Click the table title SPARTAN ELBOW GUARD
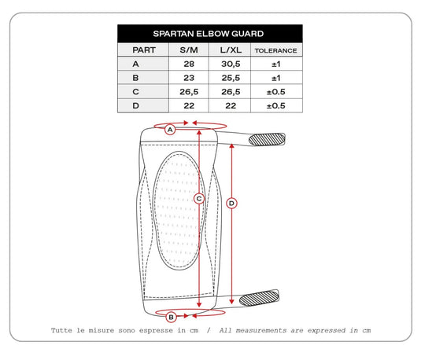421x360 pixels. (209, 34)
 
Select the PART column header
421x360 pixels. (144, 50)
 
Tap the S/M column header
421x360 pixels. (189, 50)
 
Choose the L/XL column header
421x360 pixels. (231, 50)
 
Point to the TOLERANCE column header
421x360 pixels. (275, 51)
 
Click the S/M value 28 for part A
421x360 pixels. (189, 64)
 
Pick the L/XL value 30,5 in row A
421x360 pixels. (231, 64)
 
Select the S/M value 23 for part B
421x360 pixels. (189, 78)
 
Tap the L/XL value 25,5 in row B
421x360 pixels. (231, 78)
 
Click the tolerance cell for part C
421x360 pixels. (275, 92)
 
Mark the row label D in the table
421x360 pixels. (136, 105)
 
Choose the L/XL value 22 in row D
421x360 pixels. (231, 105)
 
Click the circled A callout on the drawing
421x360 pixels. (170, 130)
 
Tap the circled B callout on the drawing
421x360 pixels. (171, 318)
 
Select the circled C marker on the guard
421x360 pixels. (199, 199)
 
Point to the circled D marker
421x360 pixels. (231, 204)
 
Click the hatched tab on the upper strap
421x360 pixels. (267, 139)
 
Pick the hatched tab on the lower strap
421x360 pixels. (259, 298)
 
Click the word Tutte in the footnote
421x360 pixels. (61, 330)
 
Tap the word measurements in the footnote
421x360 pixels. (261, 330)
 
